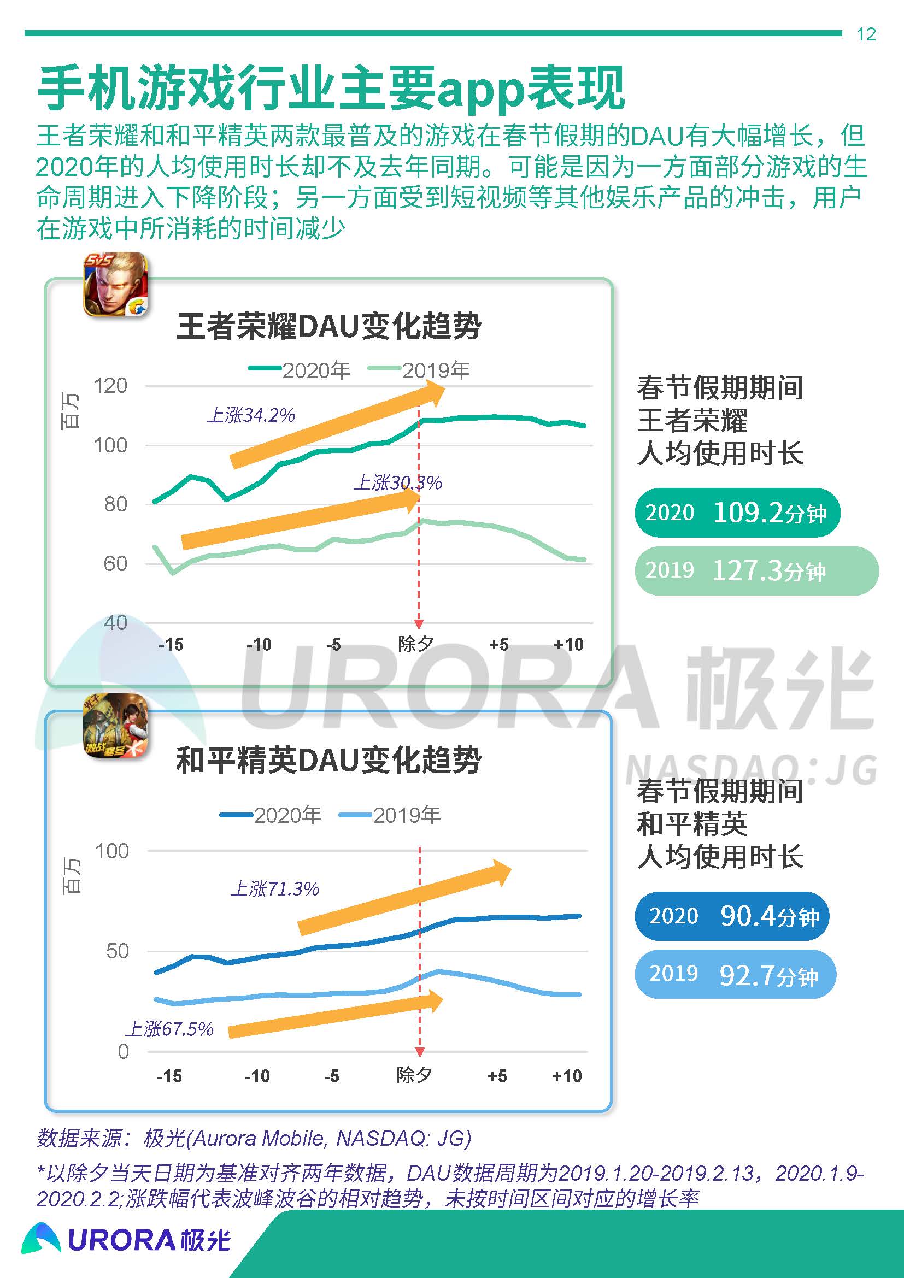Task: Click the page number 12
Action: click(x=866, y=34)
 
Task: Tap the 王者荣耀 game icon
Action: click(x=115, y=285)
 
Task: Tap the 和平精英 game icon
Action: click(x=115, y=726)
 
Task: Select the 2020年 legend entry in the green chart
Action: click(x=301, y=370)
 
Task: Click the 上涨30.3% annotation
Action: click(x=397, y=482)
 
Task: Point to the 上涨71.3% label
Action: click(x=275, y=888)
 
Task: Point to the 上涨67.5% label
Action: click(x=169, y=1029)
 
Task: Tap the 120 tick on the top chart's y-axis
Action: click(x=110, y=386)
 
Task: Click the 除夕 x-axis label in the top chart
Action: click(x=415, y=644)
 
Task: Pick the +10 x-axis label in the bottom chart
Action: click(x=567, y=1076)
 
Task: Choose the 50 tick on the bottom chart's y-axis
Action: click(x=118, y=951)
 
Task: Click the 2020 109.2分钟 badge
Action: click(x=736, y=513)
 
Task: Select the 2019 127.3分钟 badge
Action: click(x=756, y=570)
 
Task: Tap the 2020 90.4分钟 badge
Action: click(x=731, y=916)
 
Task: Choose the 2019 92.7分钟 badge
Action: click(x=735, y=974)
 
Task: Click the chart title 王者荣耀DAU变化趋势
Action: click(x=328, y=326)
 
